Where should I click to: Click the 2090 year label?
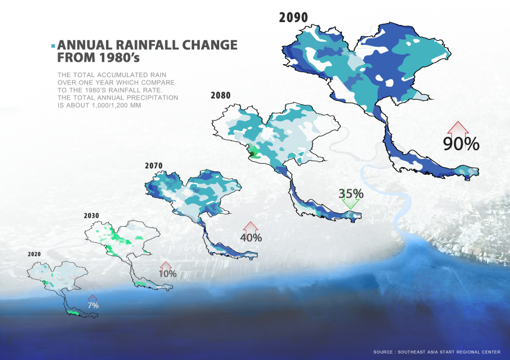click(x=293, y=17)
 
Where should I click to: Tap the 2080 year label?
click(x=221, y=94)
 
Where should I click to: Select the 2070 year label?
click(x=154, y=166)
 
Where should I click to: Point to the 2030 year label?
click(x=92, y=216)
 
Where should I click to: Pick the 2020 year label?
click(x=34, y=255)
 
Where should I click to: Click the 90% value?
click(x=461, y=143)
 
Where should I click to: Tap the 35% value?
click(x=351, y=193)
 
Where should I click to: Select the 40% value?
click(x=251, y=237)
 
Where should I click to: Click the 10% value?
click(x=167, y=273)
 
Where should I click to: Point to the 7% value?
click(x=93, y=305)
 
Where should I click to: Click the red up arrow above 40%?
click(x=250, y=227)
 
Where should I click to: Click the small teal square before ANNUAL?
click(x=54, y=46)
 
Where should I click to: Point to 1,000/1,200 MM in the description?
click(x=115, y=106)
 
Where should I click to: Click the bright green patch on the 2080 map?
click(x=254, y=154)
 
